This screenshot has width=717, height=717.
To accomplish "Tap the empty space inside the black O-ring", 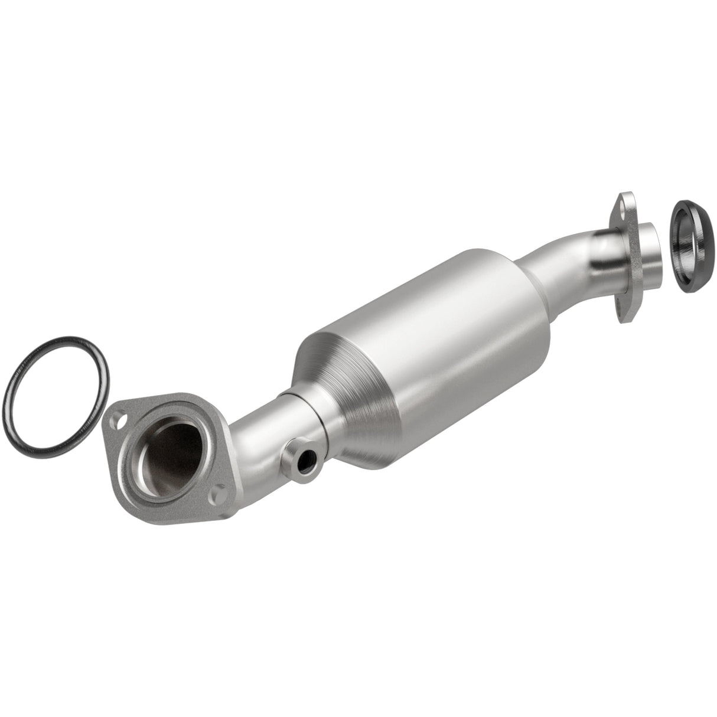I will tap(56, 390).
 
